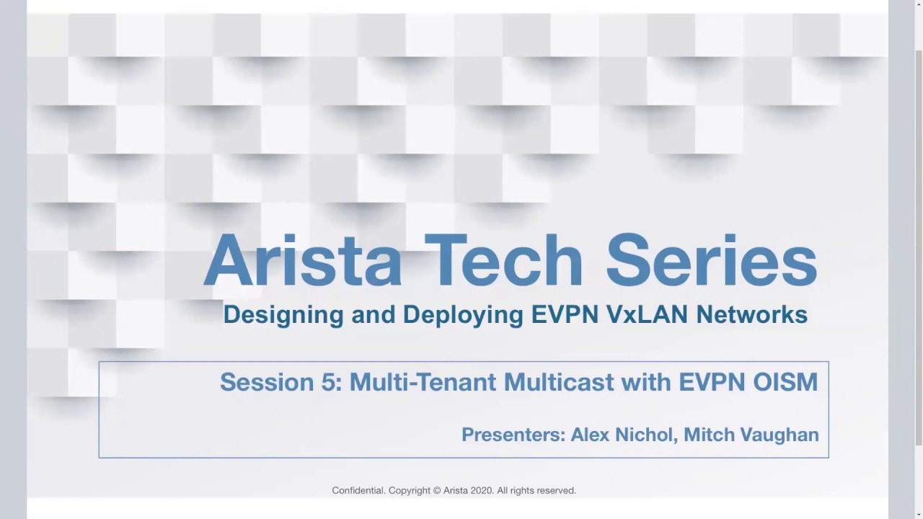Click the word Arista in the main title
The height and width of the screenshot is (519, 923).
(x=303, y=260)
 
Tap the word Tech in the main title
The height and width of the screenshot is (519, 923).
(x=503, y=260)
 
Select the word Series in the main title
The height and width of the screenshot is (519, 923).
(x=712, y=260)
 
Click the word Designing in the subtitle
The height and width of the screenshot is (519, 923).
(x=283, y=316)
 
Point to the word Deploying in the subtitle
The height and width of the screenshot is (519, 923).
(x=463, y=316)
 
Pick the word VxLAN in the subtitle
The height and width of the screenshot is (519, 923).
(x=648, y=314)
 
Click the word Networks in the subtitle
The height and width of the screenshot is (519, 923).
(x=752, y=314)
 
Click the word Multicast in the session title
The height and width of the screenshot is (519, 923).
(x=559, y=382)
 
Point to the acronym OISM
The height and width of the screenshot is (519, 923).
(x=785, y=382)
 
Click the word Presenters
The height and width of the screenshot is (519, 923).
(x=513, y=435)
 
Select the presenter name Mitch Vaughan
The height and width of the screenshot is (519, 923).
(x=751, y=435)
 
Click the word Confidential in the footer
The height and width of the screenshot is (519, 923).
(x=358, y=491)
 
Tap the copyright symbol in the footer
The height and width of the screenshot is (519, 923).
(x=437, y=491)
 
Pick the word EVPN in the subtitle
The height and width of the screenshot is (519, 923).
(x=565, y=314)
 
